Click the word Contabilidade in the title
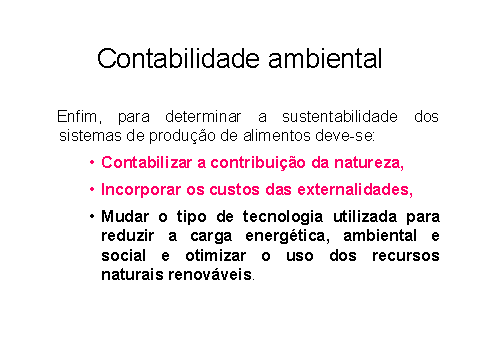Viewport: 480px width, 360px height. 178,58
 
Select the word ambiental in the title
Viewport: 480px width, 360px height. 325,58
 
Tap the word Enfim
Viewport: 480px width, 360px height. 79,117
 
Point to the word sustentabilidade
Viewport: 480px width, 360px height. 340,117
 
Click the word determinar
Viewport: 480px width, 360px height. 203,117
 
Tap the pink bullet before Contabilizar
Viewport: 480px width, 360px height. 92,163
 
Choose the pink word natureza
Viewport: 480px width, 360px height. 369,163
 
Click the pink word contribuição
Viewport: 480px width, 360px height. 258,163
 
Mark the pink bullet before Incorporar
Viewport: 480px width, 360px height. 92,190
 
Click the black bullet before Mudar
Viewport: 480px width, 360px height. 92,217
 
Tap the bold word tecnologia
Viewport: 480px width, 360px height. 283,217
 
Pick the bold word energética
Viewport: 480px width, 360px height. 287,236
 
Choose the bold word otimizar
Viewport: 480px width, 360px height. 216,256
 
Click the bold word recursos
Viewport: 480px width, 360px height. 406,256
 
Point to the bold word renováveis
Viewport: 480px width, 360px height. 210,275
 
